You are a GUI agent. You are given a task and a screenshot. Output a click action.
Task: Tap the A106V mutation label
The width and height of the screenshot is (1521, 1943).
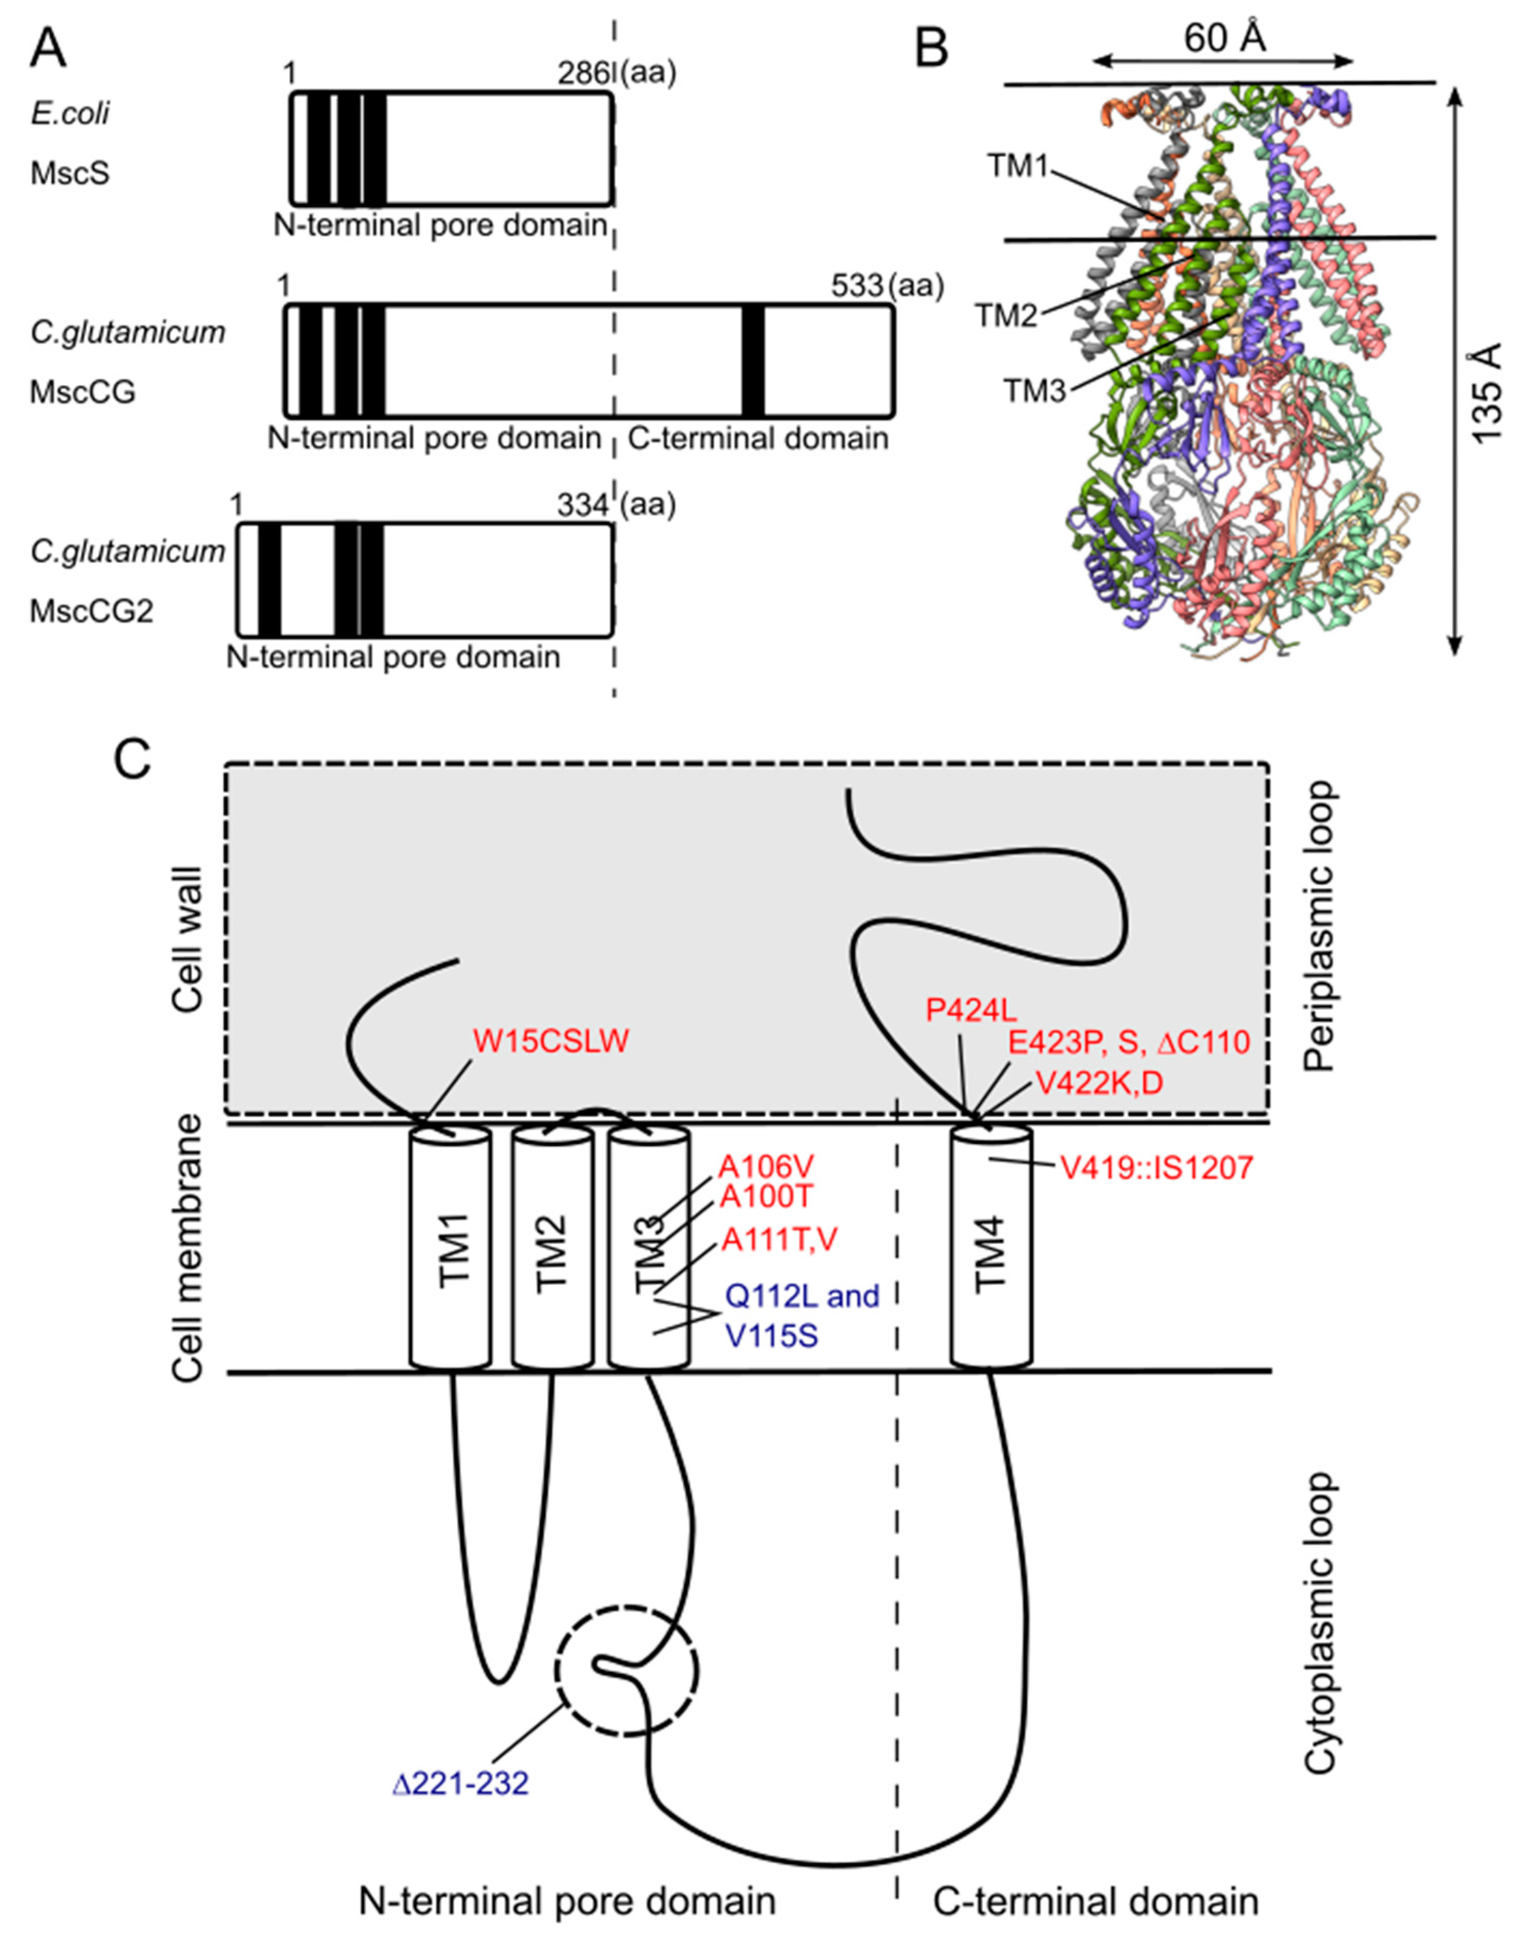(767, 1166)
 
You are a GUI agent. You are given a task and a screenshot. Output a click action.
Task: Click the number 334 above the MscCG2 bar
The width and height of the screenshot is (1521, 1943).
(583, 505)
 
